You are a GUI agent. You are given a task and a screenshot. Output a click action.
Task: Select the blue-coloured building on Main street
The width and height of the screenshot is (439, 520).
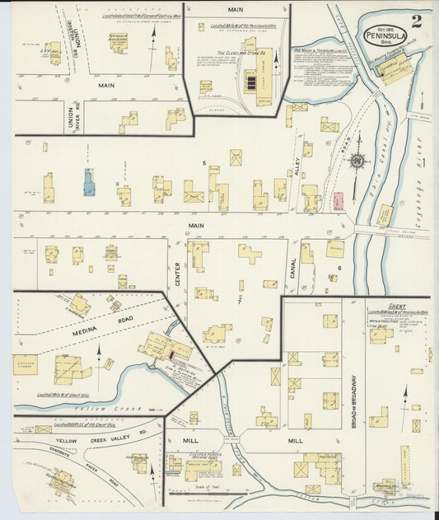[88, 182]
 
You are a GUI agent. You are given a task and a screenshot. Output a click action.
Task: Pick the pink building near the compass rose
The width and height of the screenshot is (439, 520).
[338, 200]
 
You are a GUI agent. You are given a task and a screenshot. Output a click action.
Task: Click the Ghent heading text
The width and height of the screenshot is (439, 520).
[398, 305]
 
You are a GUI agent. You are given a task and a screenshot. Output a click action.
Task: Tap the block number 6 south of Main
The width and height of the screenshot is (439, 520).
[339, 268]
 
